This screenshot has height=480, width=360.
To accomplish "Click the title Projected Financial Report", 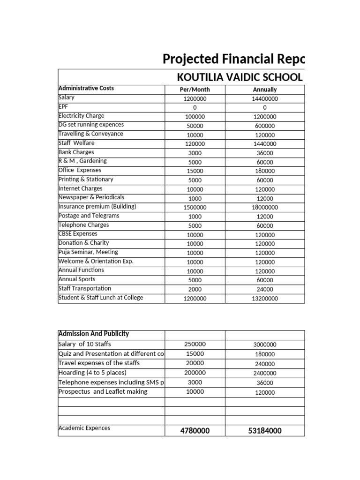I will [x=233, y=59].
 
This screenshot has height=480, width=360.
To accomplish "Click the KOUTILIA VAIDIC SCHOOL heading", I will [x=239, y=77].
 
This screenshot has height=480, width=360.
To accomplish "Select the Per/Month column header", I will [x=195, y=90].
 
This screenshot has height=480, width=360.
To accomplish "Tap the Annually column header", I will [x=265, y=90].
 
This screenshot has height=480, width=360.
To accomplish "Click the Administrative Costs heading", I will [x=86, y=88].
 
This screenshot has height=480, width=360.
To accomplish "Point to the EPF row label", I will [x=63, y=106].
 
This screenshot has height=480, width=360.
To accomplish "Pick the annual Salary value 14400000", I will [x=265, y=99].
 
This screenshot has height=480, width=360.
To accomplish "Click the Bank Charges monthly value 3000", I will [x=195, y=153].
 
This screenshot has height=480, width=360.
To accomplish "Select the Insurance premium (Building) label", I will [x=97, y=206].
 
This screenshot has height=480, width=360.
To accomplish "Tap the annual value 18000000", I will [x=265, y=208].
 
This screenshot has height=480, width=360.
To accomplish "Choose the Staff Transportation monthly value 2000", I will [x=195, y=290].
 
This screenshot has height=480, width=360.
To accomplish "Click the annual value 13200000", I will [x=265, y=299].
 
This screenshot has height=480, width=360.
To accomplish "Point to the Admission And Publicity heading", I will [x=93, y=334].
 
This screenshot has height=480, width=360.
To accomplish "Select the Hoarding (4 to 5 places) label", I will [x=96, y=373].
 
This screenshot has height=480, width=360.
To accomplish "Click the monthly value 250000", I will [x=195, y=345].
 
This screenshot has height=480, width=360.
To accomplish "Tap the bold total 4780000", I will [x=195, y=431].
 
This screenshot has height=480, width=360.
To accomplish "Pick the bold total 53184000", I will [x=265, y=431].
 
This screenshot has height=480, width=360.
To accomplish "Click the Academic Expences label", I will [x=84, y=428].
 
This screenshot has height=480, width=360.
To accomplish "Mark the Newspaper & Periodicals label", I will [x=91, y=197].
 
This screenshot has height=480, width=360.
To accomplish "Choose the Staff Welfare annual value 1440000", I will [x=265, y=144].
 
